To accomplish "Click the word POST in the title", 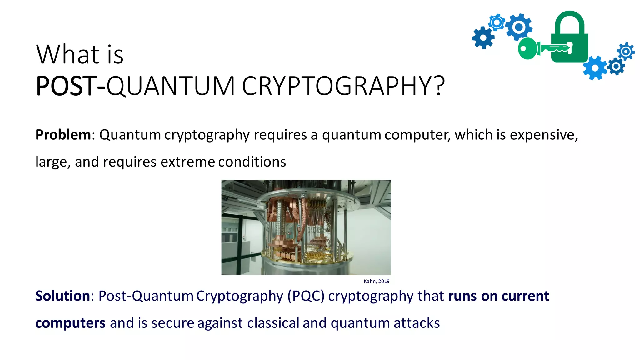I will pyautogui.click(x=66, y=86).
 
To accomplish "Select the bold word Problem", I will pyautogui.click(x=63, y=135).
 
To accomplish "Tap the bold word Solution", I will pyautogui.click(x=62, y=296).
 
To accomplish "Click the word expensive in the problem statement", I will pyautogui.click(x=543, y=135).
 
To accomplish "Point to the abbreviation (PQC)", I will pyautogui.click(x=306, y=296).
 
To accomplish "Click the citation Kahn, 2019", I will pyautogui.click(x=377, y=281).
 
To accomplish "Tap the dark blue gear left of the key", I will pyautogui.click(x=483, y=38).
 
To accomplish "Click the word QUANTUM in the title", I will pyautogui.click(x=170, y=86).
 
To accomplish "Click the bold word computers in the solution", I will pyautogui.click(x=70, y=323).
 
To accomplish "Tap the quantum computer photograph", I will pyautogui.click(x=306, y=227).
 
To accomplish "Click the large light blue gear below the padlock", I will pyautogui.click(x=595, y=68).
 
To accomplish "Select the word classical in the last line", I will pyautogui.click(x=273, y=323).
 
